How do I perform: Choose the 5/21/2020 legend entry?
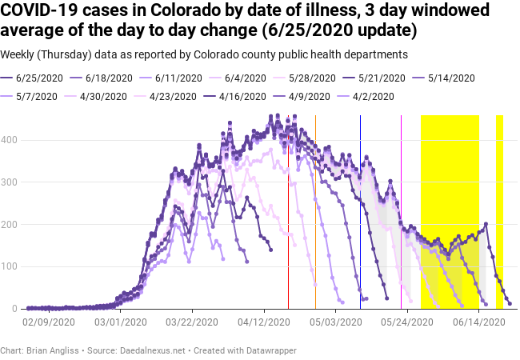(x=385, y=78)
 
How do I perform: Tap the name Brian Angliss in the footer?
(x=54, y=350)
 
